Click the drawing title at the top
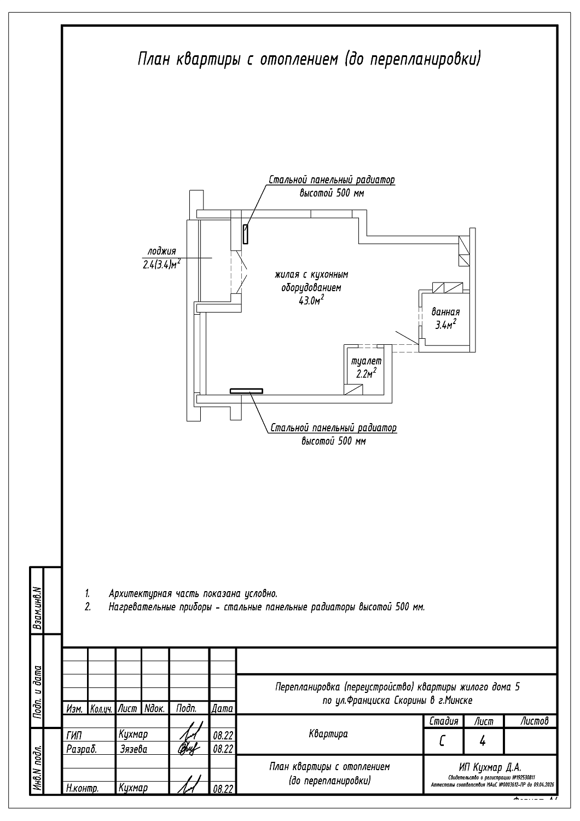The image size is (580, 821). coord(309,59)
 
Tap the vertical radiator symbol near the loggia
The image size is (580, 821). coord(246,234)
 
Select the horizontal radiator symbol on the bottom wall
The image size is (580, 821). coord(246,391)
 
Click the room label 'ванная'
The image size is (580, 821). coord(445,312)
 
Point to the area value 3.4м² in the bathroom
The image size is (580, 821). coord(445,325)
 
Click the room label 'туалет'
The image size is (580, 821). coord(366,361)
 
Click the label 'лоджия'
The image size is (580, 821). coord(162,251)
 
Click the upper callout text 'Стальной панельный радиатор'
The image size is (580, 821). coord(332,180)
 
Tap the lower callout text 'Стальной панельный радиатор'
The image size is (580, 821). coord(333,428)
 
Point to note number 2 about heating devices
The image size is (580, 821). coord(266,607)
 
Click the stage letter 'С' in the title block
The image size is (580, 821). coord(442,742)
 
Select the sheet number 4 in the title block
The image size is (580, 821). coord(483,742)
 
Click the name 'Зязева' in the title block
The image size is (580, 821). coord(134,749)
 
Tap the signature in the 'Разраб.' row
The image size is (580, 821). coord(189,748)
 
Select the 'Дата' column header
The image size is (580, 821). coord(222,708)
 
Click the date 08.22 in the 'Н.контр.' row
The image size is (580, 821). coord(222,789)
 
